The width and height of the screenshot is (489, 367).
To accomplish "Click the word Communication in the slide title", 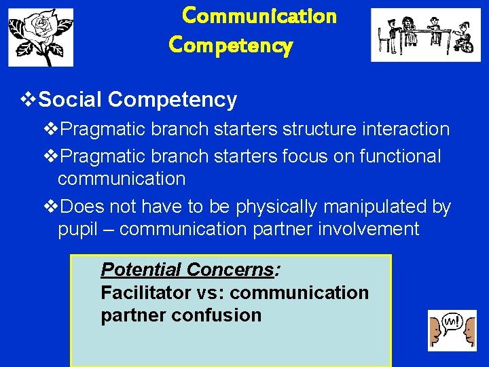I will coord(259,16).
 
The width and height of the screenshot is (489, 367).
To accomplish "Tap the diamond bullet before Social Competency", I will coord(28,100).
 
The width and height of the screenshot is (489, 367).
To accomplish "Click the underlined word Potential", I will coord(141,270).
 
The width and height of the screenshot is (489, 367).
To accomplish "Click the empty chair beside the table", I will coord(385,40).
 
